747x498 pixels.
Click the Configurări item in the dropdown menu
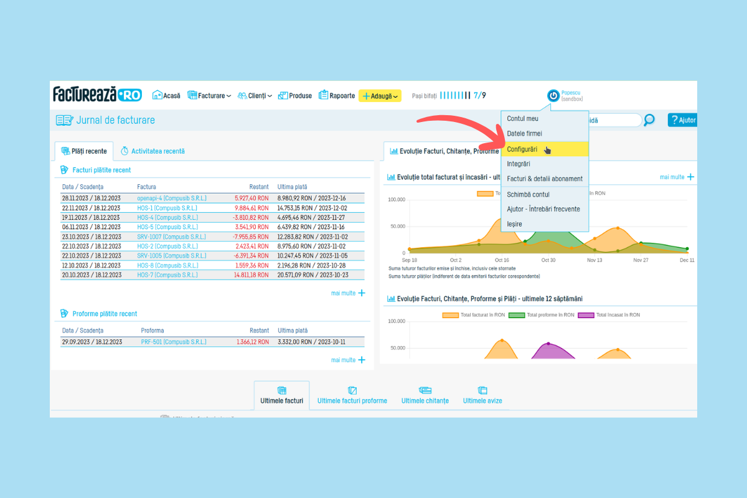point(522,149)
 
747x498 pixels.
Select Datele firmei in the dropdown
point(524,134)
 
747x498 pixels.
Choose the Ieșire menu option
point(514,224)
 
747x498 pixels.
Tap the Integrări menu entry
point(519,164)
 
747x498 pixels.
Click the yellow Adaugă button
point(380,96)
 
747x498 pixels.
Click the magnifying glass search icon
point(649,120)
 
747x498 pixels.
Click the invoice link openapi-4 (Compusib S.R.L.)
point(172,198)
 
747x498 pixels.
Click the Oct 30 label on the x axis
point(548,260)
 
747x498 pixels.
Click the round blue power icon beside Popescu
point(553,95)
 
